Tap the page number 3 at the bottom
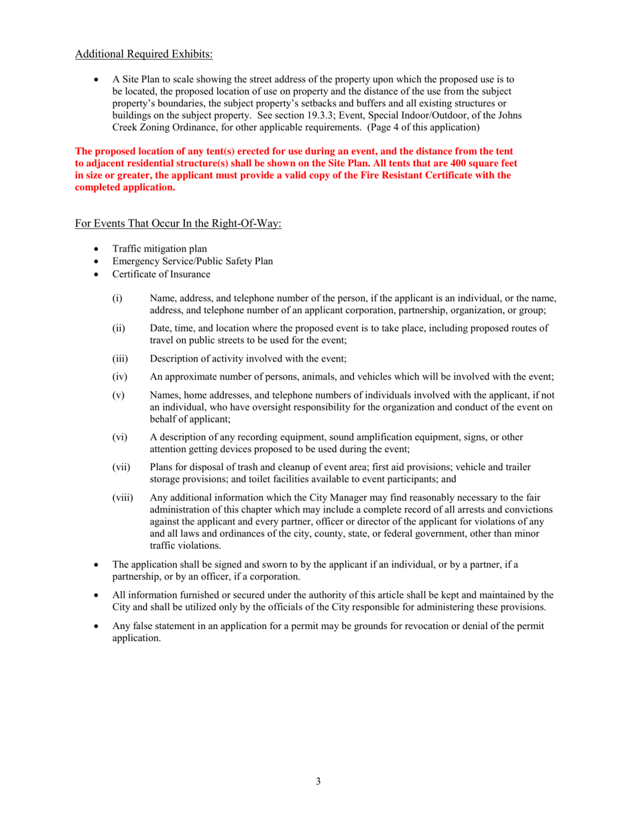point(318,781)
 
